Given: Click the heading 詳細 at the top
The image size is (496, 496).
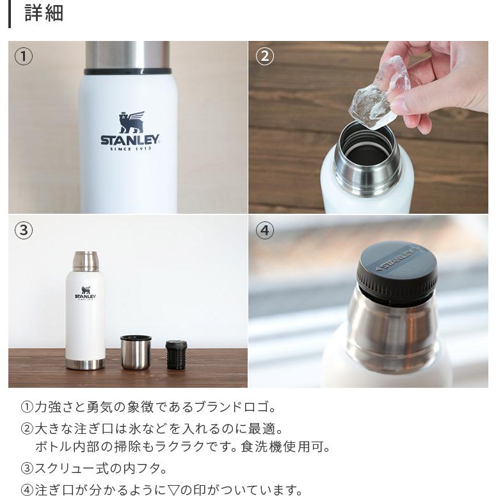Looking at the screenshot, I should [44, 13].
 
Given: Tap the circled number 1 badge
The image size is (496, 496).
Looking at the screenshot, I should [24, 57].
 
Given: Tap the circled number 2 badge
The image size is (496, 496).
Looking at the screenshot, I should [264, 57].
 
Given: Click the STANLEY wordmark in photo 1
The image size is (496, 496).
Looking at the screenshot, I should [130, 140].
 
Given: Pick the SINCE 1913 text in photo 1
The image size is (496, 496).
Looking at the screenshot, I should [130, 150].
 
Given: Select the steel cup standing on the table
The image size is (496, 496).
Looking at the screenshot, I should [136, 352].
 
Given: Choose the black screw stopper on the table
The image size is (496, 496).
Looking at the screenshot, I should [176, 354].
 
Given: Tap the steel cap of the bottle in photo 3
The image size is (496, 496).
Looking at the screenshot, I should [85, 260].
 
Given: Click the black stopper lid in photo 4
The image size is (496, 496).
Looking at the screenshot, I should [397, 272].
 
